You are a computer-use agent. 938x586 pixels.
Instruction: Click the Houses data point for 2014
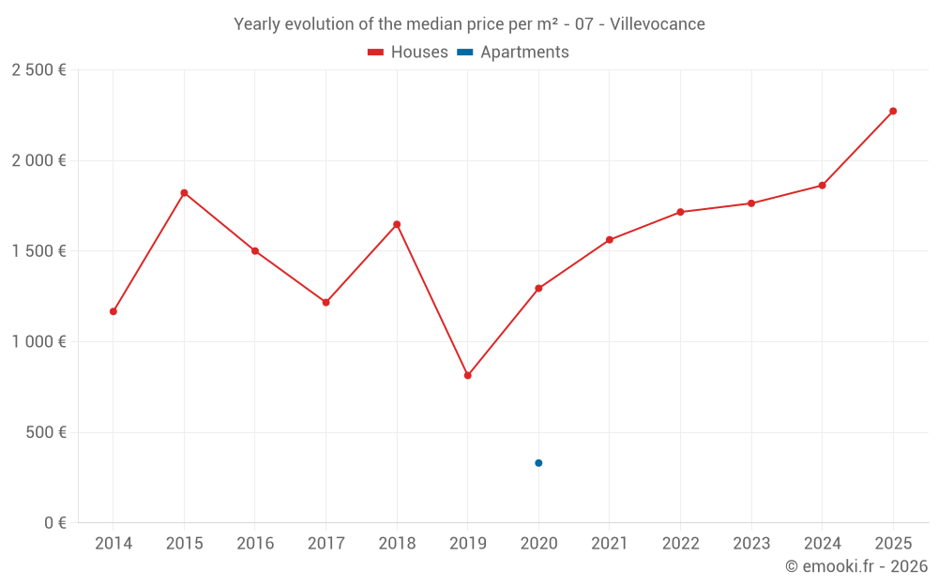coord(113,311)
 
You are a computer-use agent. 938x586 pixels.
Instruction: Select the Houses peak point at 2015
coord(184,193)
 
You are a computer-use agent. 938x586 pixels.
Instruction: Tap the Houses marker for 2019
coord(468,375)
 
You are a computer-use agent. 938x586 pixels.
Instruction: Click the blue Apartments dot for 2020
coord(538,463)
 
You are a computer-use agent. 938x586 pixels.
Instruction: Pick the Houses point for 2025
coord(893,111)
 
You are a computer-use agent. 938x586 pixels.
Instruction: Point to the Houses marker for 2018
coord(397,224)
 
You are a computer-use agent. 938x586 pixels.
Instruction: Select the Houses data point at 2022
coord(680,212)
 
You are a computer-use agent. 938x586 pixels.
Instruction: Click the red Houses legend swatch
coord(376,53)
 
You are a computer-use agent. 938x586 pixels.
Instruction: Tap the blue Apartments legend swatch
coord(464,53)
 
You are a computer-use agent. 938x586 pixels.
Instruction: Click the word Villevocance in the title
coord(657,24)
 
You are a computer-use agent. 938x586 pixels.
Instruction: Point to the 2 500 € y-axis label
coord(38,70)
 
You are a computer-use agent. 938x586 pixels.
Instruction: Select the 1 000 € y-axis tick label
coord(38,342)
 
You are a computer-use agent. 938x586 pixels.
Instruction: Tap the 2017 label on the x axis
coord(325,544)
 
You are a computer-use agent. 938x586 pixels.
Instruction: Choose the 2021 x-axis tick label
coord(610,544)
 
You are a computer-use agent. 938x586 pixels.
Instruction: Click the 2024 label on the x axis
coord(822,544)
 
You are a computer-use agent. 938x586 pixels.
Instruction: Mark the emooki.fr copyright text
coord(855,566)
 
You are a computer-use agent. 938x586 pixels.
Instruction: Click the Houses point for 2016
coord(255,251)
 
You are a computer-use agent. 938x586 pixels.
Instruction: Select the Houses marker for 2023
coord(751,203)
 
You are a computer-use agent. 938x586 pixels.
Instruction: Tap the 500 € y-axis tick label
coord(46,433)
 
